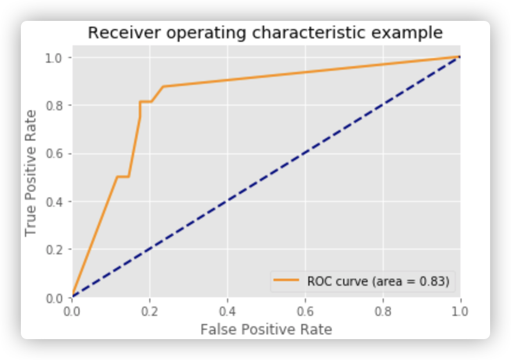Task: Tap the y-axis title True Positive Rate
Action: click(31, 173)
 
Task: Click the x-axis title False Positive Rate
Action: click(266, 330)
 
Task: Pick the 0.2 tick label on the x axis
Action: click(150, 310)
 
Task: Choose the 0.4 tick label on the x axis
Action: click(228, 310)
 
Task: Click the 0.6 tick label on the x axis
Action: click(305, 310)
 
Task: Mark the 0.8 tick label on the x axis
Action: click(383, 310)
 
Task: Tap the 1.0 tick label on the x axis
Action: click(460, 310)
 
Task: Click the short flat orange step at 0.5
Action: click(123, 177)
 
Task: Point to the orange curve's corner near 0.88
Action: click(163, 87)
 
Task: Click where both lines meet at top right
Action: click(459, 57)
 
